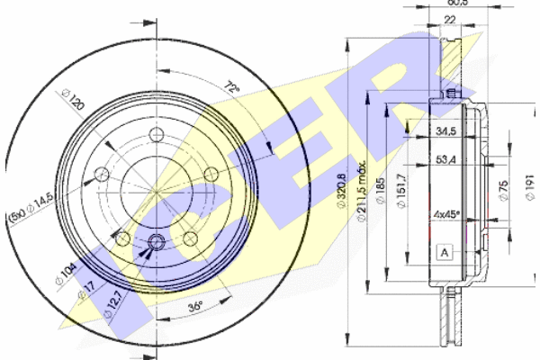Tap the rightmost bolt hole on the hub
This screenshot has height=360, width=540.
pyautogui.click(x=211, y=174)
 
